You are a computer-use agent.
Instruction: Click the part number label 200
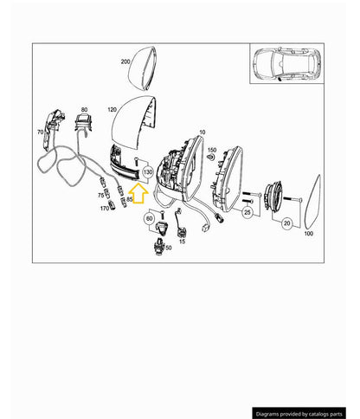click(125, 61)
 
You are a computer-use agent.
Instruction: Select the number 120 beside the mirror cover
click(112, 110)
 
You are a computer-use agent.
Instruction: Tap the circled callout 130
click(148, 172)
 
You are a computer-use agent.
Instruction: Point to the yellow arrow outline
click(138, 193)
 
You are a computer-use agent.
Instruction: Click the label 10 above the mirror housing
click(202, 132)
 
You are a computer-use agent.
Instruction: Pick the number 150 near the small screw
click(212, 150)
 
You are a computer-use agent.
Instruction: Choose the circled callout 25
click(247, 213)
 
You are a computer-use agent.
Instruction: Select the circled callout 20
click(286, 223)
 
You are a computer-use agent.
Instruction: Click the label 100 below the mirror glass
click(309, 234)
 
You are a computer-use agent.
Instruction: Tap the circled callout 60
click(149, 219)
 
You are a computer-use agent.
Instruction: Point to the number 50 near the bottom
click(169, 248)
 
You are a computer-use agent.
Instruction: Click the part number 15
click(182, 242)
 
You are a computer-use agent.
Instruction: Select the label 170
click(105, 209)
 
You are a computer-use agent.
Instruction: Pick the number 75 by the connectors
click(100, 196)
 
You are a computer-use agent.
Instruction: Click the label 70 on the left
click(41, 132)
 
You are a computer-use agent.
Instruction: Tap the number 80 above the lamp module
click(84, 110)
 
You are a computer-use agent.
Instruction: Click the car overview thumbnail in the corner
click(286, 63)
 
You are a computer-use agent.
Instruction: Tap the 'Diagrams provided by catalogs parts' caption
click(299, 414)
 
